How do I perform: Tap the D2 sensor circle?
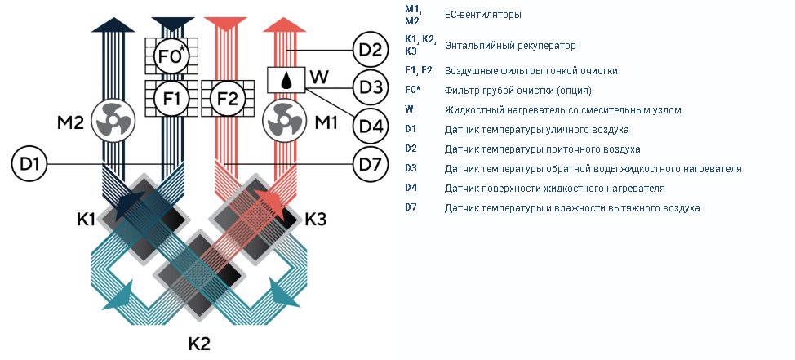[371, 51]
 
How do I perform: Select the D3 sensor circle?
[371, 87]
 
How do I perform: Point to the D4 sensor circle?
[371, 126]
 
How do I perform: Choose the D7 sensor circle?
[371, 164]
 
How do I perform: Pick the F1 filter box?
[171, 98]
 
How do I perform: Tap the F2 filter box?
[227, 98]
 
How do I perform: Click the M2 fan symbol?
[113, 122]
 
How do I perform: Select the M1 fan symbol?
[283, 122]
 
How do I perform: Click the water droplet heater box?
[286, 80]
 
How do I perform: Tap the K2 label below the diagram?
[199, 344]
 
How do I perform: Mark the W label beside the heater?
[319, 78]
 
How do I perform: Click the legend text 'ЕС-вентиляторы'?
[482, 15]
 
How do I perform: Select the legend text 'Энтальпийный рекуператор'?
[510, 46]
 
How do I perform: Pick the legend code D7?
[411, 207]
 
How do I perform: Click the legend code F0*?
[413, 90]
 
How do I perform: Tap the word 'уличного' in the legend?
[566, 130]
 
